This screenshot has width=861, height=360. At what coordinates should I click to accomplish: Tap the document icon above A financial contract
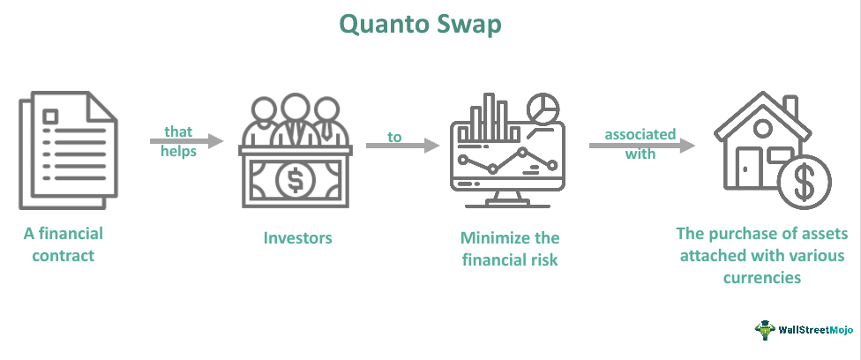(x=67, y=150)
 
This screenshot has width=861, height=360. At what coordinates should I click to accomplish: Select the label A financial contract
(x=63, y=244)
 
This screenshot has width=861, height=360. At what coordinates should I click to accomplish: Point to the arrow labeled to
(x=402, y=145)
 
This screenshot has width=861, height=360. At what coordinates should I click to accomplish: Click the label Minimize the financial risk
(x=510, y=249)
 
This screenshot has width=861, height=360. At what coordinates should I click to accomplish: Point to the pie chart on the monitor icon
(x=543, y=110)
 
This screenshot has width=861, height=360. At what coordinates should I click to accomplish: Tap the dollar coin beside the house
(x=805, y=184)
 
